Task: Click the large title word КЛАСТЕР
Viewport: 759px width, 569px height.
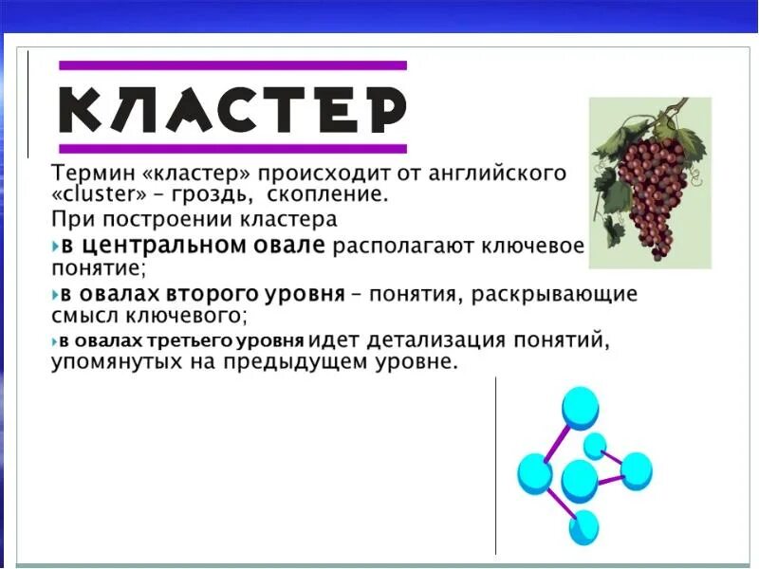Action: click(x=232, y=110)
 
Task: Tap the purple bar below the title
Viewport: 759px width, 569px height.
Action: click(x=232, y=149)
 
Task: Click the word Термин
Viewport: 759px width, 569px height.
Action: click(x=86, y=174)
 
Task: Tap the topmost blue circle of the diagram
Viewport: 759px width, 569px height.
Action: click(x=580, y=406)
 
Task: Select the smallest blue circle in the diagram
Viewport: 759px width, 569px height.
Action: click(x=595, y=445)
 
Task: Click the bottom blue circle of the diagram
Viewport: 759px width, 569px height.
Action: click(x=584, y=526)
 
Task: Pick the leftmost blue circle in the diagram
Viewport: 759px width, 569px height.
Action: click(x=534, y=472)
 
